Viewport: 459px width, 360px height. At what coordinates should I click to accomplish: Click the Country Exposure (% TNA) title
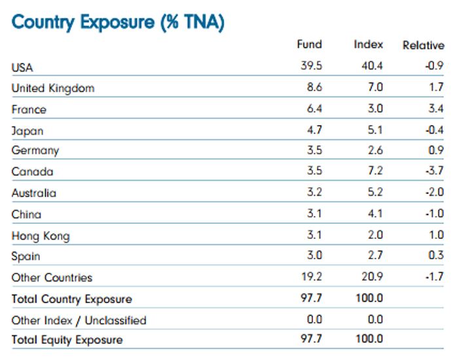point(118,22)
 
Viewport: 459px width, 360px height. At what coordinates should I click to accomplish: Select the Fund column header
point(309,45)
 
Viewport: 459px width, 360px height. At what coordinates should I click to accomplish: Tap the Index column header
point(368,45)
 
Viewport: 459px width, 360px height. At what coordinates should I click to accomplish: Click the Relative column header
point(423,45)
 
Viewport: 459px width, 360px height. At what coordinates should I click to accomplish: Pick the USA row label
point(22,67)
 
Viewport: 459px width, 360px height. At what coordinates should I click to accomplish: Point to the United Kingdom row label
point(53,88)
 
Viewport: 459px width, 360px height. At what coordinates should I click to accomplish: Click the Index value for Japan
point(375,130)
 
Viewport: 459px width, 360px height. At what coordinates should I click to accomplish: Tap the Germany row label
point(35,151)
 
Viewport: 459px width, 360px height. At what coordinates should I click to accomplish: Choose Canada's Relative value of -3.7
point(433,171)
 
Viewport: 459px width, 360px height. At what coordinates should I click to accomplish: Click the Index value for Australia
point(375,192)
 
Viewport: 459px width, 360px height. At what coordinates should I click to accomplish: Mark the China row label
point(26,214)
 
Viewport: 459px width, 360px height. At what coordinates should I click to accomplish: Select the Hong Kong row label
point(41,236)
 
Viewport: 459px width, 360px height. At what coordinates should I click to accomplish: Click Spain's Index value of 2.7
point(375,256)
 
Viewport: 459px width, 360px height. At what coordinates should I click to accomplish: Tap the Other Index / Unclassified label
point(79,320)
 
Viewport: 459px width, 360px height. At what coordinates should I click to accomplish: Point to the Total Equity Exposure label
point(67,340)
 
